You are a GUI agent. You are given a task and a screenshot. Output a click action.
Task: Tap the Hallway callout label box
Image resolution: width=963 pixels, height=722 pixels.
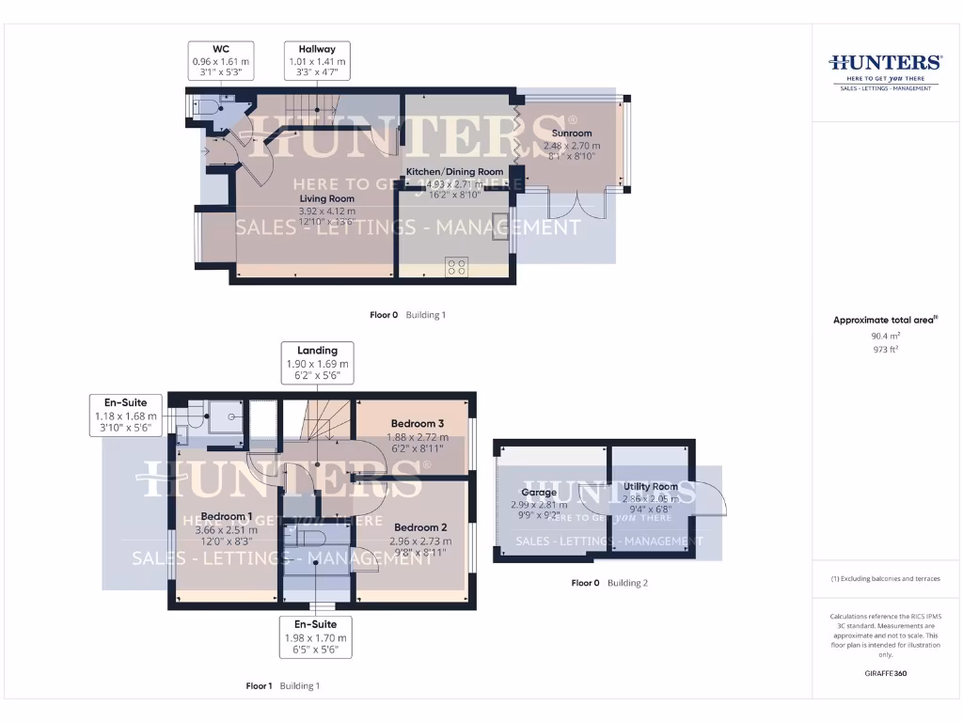pyautogui.click(x=317, y=60)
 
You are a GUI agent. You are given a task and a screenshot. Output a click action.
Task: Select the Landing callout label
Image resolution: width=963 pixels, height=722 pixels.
pyautogui.click(x=317, y=362)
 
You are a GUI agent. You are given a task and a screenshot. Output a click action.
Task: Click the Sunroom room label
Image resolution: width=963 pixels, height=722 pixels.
pyautogui.click(x=572, y=133)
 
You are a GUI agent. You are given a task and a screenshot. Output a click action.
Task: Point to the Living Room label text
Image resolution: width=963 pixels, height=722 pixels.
pyautogui.click(x=327, y=199)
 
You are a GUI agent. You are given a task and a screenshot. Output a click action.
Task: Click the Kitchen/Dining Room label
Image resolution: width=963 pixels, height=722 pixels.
pyautogui.click(x=454, y=172)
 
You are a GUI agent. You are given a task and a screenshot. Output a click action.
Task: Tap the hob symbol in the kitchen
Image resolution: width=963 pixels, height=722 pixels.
pyautogui.click(x=457, y=266)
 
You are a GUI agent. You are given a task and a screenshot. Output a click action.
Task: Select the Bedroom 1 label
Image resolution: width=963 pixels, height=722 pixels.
pyautogui.click(x=226, y=516)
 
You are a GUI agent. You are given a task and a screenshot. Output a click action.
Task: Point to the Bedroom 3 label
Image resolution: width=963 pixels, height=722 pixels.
pyautogui.click(x=418, y=424)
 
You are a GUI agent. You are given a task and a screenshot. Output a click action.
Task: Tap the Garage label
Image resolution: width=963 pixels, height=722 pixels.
pyautogui.click(x=539, y=492)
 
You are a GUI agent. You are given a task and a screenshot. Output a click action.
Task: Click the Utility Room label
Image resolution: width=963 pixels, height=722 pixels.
pyautogui.click(x=650, y=487)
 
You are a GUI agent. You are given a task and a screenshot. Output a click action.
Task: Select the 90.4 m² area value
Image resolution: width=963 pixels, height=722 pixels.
pyautogui.click(x=885, y=335)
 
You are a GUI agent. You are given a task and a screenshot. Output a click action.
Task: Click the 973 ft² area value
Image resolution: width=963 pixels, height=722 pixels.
pyautogui.click(x=885, y=349)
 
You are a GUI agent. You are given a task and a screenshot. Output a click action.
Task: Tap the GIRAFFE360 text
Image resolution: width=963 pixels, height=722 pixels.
pyautogui.click(x=885, y=674)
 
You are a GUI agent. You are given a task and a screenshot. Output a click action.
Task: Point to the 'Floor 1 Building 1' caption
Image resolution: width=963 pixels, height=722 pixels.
pyautogui.click(x=283, y=686)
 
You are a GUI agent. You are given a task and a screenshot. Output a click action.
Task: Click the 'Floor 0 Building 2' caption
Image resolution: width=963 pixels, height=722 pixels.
pyautogui.click(x=609, y=583)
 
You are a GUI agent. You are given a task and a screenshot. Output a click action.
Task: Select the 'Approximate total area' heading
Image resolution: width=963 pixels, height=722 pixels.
pyautogui.click(x=885, y=320)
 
